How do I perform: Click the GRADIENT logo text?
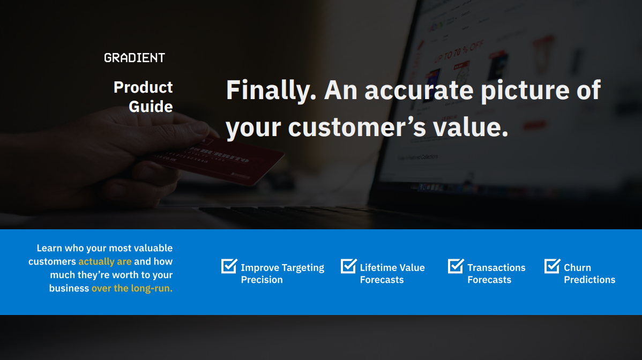click(135, 58)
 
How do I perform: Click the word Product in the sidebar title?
click(143, 87)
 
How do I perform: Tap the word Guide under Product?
click(151, 107)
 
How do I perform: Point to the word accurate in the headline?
click(419, 91)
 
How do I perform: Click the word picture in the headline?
click(525, 91)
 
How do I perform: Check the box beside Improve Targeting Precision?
click(229, 266)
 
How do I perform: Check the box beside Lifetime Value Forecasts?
click(348, 266)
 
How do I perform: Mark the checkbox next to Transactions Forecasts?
click(456, 266)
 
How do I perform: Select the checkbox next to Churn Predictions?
click(552, 266)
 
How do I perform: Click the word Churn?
click(577, 267)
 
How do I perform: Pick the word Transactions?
click(496, 267)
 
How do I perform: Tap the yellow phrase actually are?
click(105, 261)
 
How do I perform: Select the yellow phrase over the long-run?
click(132, 288)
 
